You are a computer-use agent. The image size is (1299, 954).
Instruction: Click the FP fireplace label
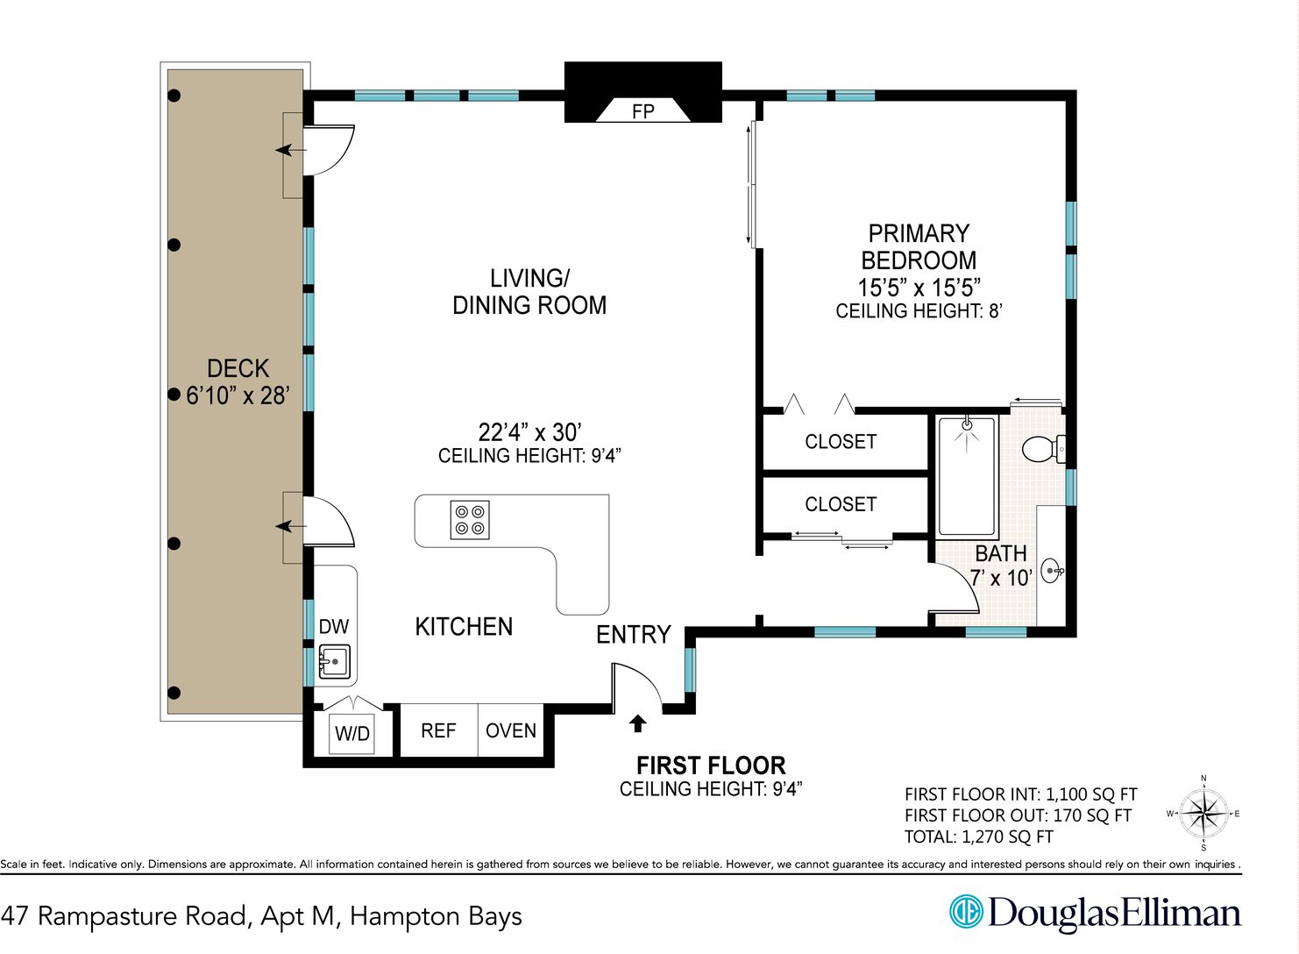click(x=642, y=110)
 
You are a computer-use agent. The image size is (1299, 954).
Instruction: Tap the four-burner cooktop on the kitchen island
click(x=470, y=520)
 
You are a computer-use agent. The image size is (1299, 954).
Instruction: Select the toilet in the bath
click(x=1043, y=449)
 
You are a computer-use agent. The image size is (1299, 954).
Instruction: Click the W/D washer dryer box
click(x=352, y=734)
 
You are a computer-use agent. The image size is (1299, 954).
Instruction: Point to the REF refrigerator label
click(x=438, y=730)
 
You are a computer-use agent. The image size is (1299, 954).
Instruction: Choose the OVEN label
click(x=511, y=730)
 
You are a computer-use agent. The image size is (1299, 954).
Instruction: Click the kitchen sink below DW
click(x=334, y=661)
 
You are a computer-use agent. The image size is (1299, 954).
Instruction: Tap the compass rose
click(x=1203, y=813)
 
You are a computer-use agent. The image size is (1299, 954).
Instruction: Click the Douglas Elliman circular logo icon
click(x=966, y=912)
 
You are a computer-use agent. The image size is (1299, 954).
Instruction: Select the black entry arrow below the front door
click(x=638, y=723)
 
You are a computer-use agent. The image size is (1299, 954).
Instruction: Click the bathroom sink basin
click(x=1053, y=571)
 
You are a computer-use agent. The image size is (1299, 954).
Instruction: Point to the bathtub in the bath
click(x=967, y=476)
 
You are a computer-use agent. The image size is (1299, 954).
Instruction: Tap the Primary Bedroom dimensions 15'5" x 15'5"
click(x=919, y=288)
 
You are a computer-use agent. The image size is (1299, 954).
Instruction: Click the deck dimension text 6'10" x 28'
click(x=238, y=395)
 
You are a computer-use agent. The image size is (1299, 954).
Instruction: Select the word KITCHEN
click(x=464, y=627)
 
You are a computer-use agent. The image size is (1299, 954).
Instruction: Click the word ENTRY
click(x=634, y=634)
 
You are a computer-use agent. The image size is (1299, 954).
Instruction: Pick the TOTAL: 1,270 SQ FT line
click(x=979, y=837)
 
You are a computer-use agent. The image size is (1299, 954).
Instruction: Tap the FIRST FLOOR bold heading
click(x=711, y=765)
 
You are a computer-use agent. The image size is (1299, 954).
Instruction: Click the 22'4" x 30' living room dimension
click(x=529, y=432)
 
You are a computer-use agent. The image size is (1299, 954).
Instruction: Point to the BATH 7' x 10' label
click(x=1002, y=566)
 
